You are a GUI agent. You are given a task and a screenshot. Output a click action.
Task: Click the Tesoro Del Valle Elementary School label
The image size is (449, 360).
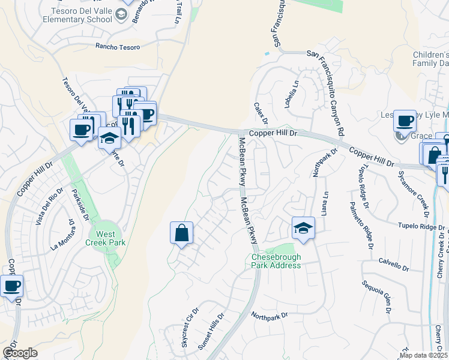pyautogui.click(x=77, y=15)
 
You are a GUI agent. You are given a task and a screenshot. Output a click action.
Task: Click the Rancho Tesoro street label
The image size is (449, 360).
pyautogui.click(x=118, y=47)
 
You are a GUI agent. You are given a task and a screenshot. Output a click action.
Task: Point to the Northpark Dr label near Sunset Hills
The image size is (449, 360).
pyautogui.click(x=270, y=315)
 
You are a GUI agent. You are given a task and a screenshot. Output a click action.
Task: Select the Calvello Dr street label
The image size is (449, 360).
pyautogui.click(x=393, y=265)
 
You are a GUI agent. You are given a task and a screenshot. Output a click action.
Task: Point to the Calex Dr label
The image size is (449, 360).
pyautogui.click(x=259, y=113)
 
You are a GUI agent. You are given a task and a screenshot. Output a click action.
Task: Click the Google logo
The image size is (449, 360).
pyautogui.click(x=20, y=353)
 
